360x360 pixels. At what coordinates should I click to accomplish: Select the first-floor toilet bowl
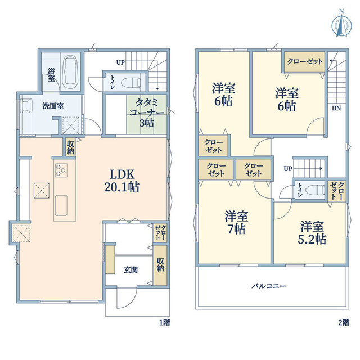pos(130,82)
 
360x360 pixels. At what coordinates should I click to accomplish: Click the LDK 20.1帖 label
pos(121,181)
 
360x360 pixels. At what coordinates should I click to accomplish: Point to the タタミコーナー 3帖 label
pos(147,112)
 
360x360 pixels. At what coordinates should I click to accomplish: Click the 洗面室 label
pos(53,106)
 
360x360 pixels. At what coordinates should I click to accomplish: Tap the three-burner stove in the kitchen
pos(61,170)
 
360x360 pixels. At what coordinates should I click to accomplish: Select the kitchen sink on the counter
pos(61,205)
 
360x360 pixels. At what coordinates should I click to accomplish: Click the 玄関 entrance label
pos(130,270)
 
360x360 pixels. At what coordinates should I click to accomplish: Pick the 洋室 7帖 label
pos(236,222)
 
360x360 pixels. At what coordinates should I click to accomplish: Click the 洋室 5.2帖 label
pos(312,232)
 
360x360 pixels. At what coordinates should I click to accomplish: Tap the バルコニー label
pos(269,286)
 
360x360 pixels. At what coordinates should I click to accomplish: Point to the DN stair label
pos(336,108)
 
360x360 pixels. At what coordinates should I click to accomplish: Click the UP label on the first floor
pos(120,62)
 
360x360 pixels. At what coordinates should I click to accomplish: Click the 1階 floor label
pos(165,323)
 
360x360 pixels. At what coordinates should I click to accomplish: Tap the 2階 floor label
pos(344,323)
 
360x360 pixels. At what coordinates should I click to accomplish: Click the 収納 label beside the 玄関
pos(160,265)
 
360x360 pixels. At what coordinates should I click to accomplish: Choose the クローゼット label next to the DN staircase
pos(305,61)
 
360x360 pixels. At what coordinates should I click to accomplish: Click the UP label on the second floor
pos(288,169)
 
